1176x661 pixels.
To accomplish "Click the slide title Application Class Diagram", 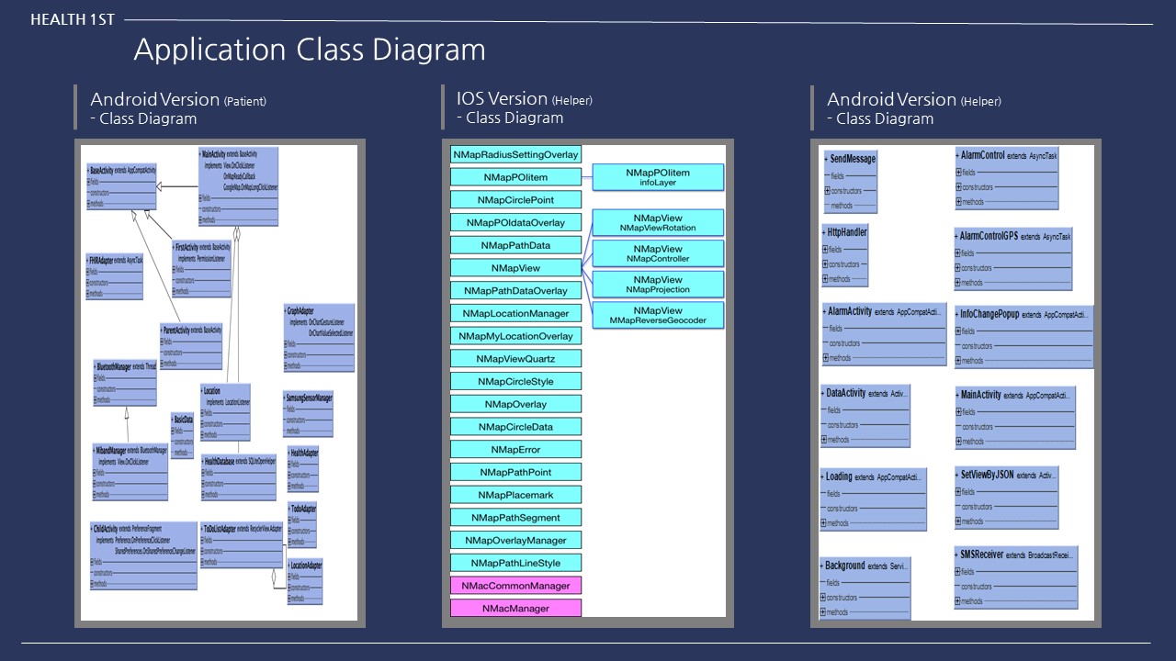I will coord(310,49).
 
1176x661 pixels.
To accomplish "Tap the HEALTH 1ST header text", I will coord(73,19).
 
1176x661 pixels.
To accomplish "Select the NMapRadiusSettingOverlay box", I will coord(515,154).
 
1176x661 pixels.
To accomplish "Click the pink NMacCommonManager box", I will coord(515,586).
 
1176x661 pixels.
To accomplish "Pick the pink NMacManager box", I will coord(515,608).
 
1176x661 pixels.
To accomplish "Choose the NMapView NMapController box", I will coord(658,254).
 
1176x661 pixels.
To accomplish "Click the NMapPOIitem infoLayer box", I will coord(658,177).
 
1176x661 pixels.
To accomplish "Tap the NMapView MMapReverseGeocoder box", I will coord(658,316).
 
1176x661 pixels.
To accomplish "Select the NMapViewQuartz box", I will coord(515,359).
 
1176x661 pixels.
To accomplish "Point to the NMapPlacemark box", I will coord(515,495).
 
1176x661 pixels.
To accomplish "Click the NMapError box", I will coord(515,450).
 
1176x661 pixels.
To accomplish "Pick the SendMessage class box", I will coord(850,182).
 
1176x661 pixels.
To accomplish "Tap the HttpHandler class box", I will coord(845,254).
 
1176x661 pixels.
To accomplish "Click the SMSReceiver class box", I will coord(1015,577).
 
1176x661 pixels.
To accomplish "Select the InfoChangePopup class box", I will coord(1023,336).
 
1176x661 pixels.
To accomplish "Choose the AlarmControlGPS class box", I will coord(1012,259).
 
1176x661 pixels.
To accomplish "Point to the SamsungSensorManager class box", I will coord(308,414).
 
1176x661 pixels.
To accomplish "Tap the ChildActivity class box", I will coord(143,555).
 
